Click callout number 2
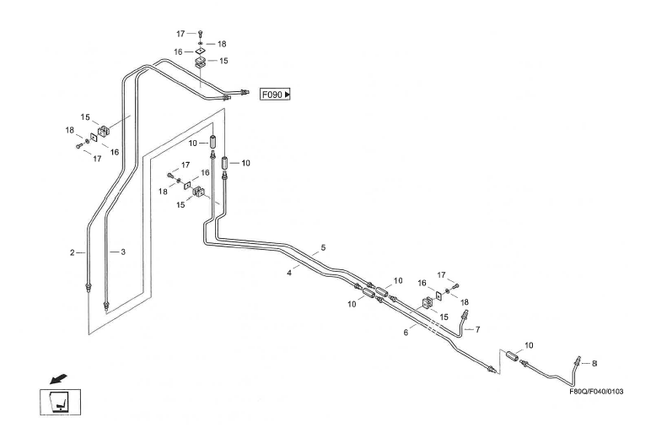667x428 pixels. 73,252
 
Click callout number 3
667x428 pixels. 123,252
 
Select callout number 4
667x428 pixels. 289,273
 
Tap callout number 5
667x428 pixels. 321,248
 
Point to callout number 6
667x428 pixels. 406,333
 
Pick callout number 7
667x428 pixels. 477,329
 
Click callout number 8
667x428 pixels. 594,363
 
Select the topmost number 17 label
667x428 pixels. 180,34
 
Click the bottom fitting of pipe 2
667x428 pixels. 89,288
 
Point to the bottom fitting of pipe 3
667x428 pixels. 105,302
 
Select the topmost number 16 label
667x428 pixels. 178,51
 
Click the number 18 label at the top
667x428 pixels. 222,43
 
